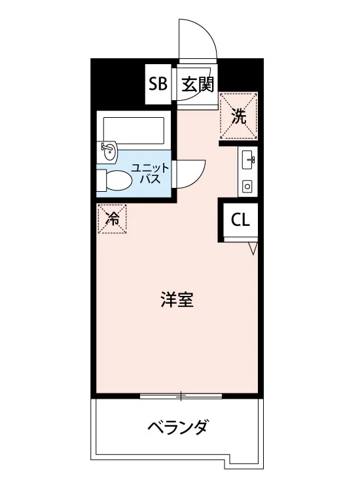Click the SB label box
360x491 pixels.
point(158,84)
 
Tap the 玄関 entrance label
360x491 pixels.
point(198,84)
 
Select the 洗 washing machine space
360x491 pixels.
point(239,116)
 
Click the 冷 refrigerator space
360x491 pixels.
point(112,219)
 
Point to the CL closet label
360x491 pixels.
point(240,220)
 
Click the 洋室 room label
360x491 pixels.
point(177,300)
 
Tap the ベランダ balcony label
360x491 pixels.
point(177,426)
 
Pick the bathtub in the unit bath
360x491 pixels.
point(134,128)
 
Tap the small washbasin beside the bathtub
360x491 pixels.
point(109,151)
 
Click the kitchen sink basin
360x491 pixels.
point(249,159)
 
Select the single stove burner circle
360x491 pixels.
point(247,187)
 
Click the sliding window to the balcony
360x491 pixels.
point(181,396)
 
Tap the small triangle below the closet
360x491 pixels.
point(253,248)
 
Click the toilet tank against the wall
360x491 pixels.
point(101,180)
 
